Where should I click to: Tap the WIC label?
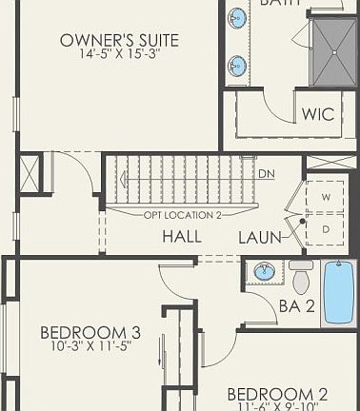(317, 114)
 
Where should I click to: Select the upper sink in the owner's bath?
(236, 17)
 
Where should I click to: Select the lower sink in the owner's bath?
(236, 66)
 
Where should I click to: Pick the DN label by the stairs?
(268, 175)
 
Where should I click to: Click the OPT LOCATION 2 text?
(182, 214)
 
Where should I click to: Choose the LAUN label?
(260, 237)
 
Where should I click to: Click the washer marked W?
(326, 197)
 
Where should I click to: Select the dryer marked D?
(326, 229)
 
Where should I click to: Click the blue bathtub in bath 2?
(338, 292)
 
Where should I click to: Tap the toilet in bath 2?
(301, 278)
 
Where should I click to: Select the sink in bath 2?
(265, 272)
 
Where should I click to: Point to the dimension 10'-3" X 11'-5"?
(90, 347)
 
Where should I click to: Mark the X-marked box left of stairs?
(30, 174)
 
